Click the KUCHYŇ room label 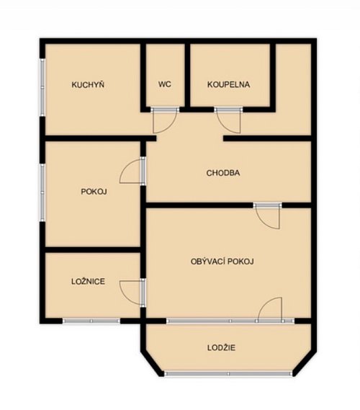(x=88, y=84)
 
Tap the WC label (x=165, y=84)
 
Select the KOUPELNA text (x=228, y=84)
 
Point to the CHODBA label (x=223, y=173)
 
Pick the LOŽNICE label (x=88, y=281)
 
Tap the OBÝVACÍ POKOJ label (x=222, y=262)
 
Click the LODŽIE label (x=221, y=347)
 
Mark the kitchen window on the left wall (x=42, y=87)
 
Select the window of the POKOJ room (x=42, y=192)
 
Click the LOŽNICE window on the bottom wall (x=91, y=321)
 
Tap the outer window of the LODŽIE (x=228, y=374)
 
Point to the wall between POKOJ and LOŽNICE (x=93, y=249)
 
